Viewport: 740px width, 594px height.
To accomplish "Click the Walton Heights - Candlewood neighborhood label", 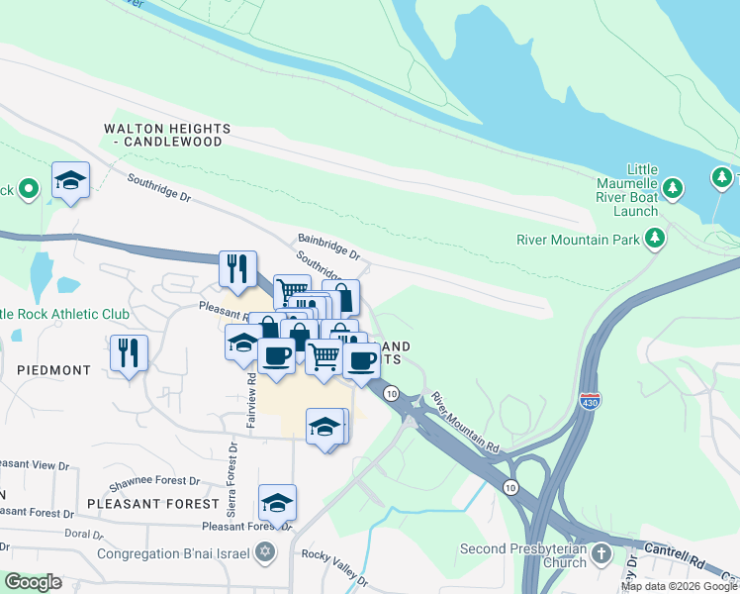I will tap(168, 136).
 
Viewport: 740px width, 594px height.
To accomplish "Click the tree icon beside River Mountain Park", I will tap(654, 239).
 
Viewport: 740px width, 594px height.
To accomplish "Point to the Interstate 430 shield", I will tap(589, 400).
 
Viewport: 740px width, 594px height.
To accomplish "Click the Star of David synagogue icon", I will tap(264, 551).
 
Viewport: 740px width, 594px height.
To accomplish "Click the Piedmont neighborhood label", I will tap(53, 369).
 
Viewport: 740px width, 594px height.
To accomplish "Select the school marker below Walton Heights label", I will tap(70, 181).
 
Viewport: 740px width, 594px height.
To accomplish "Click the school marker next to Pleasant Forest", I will tap(278, 503).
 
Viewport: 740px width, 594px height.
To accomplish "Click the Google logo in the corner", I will tap(33, 582).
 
